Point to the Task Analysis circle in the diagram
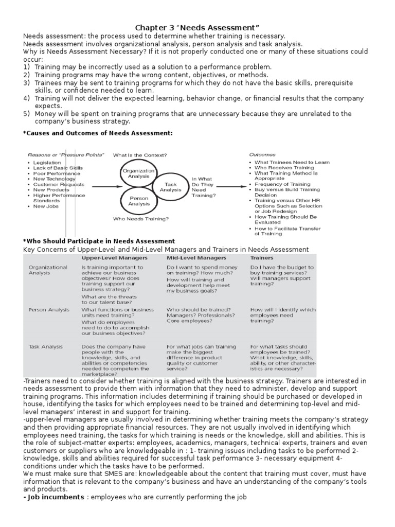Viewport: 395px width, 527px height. click(x=170, y=187)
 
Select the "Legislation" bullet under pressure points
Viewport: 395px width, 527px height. click(x=47, y=162)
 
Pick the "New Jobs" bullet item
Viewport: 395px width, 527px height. click(x=46, y=206)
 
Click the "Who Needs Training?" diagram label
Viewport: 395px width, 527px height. click(x=140, y=219)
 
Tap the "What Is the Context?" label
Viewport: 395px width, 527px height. click(x=139, y=154)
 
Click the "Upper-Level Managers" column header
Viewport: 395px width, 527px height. click(x=115, y=257)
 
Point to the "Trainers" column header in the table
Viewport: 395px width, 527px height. click(x=262, y=257)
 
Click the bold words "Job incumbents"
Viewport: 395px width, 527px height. click(x=53, y=497)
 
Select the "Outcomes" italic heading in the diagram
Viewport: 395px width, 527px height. click(x=262, y=154)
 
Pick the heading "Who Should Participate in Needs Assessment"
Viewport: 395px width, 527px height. click(x=99, y=241)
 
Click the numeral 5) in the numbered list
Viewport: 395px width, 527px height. click(x=27, y=113)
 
